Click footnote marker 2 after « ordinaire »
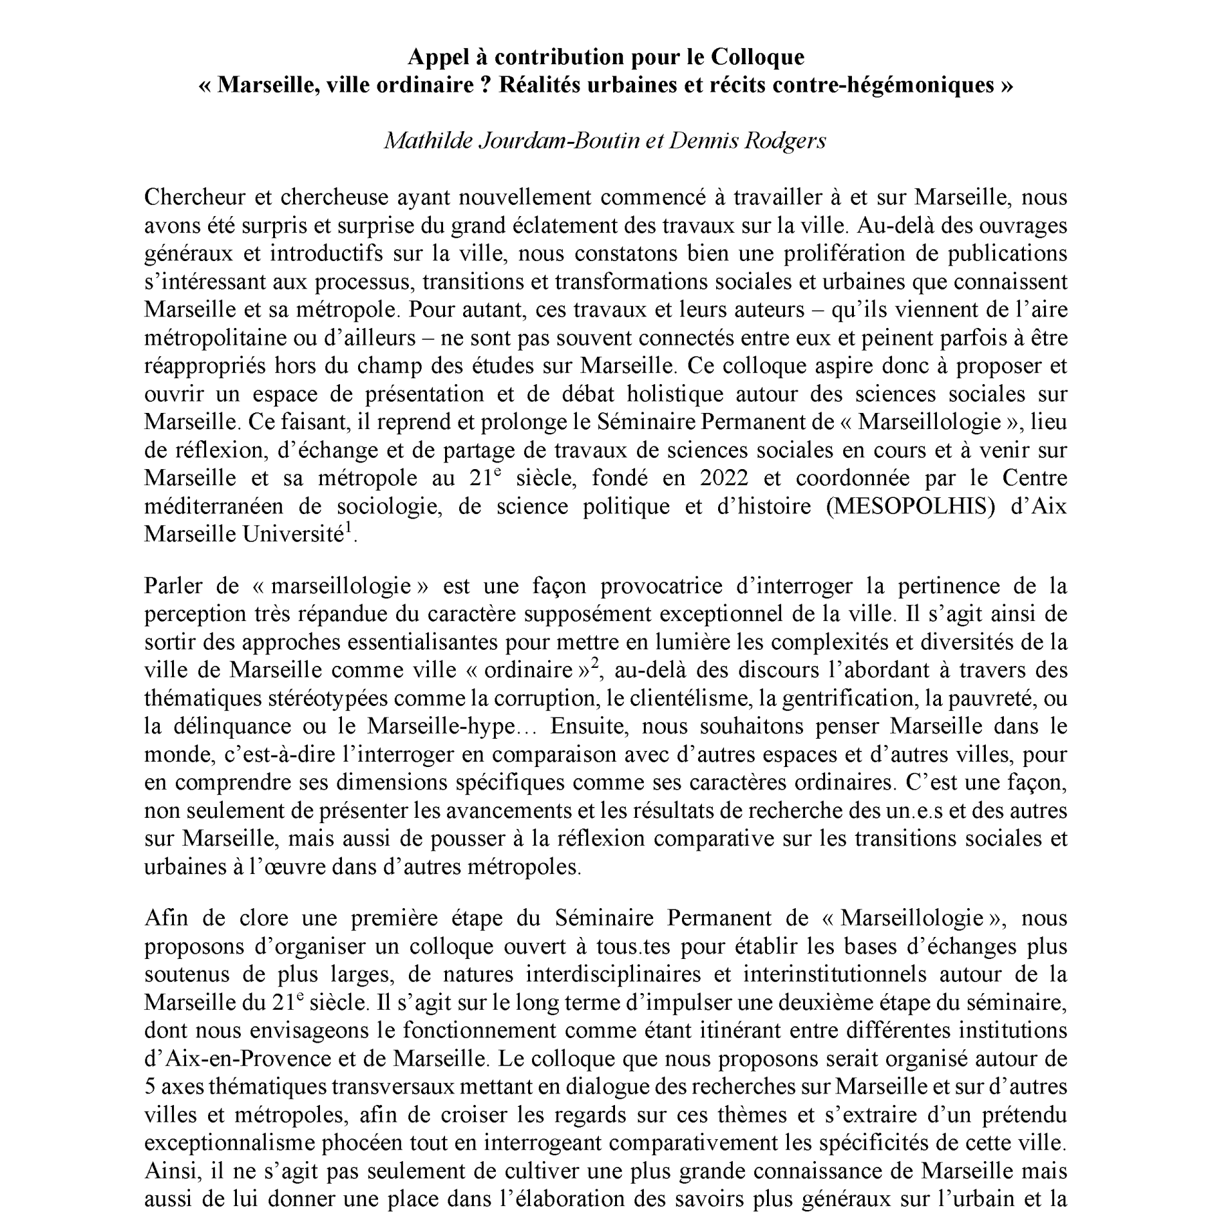point(593,665)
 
